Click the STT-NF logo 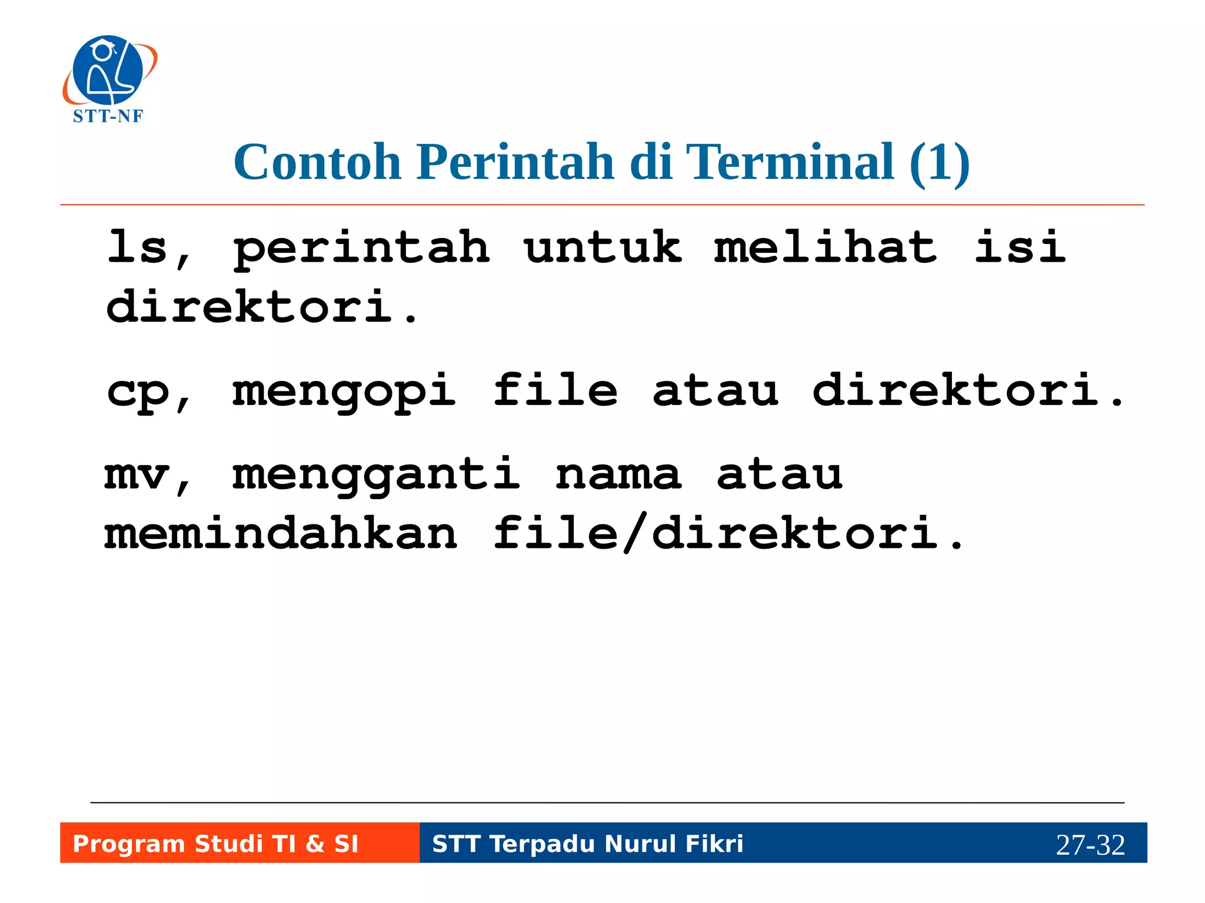109,79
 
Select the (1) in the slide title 939,163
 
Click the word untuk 602,247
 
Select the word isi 1020,247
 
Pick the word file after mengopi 555,391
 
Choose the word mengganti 377,475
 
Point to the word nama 618,475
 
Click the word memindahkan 281,534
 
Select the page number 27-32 1090,845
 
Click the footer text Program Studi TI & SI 215,844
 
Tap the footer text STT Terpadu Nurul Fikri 587,844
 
